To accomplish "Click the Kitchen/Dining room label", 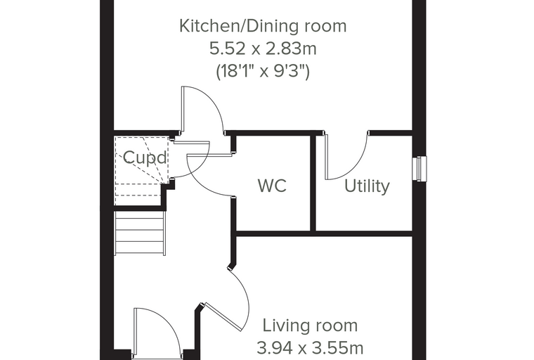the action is click(263, 26).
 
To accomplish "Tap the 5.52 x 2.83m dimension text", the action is click(263, 49).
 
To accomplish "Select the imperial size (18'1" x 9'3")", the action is click(263, 72).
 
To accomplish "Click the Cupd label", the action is click(145, 157).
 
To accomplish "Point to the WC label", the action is click(272, 186).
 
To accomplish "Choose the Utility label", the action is click(367, 186).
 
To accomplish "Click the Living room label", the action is click(310, 326).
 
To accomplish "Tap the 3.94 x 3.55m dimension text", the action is click(310, 349).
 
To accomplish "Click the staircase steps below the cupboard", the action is click(141, 233).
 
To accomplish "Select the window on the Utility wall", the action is click(419, 169).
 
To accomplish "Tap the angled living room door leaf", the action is click(223, 316).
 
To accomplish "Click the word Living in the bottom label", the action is click(284, 326).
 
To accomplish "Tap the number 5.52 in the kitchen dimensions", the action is click(227, 49).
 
